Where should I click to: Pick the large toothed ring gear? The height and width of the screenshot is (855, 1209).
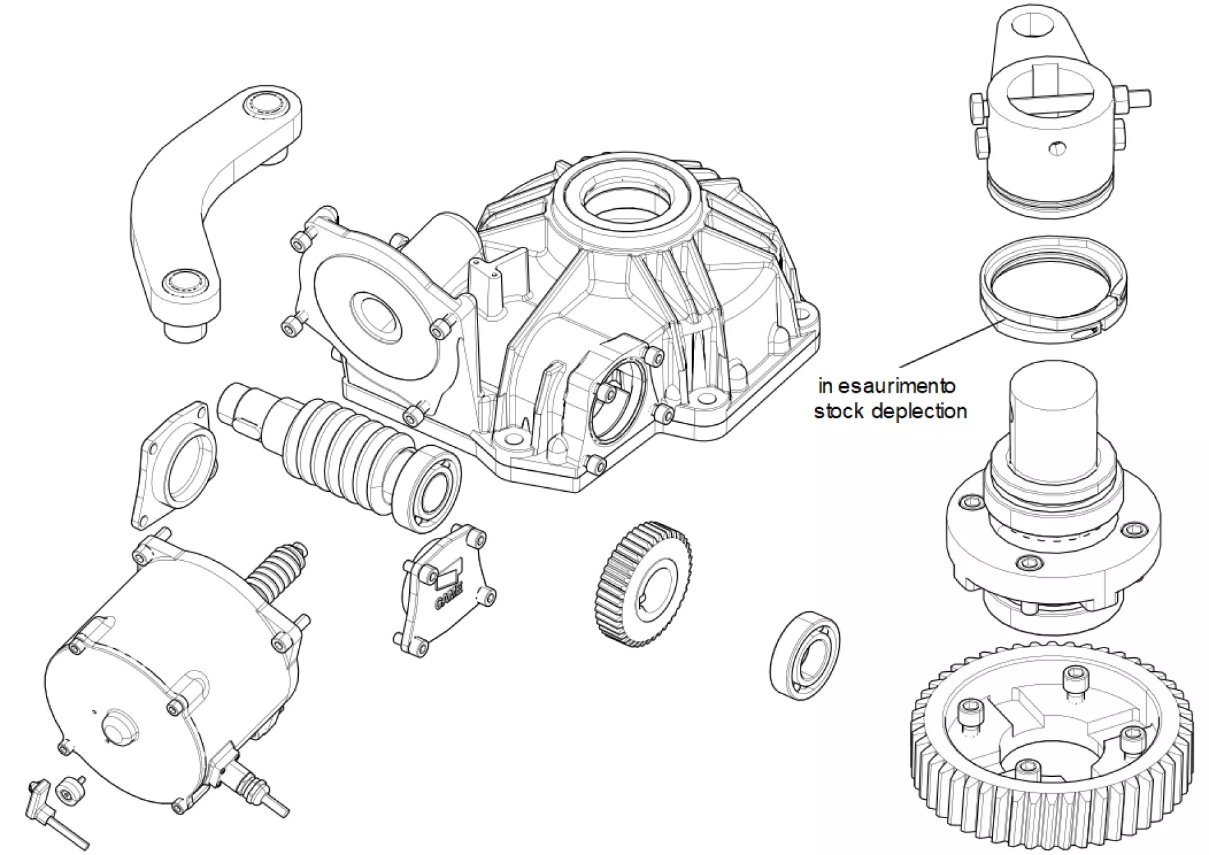[1051, 755]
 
